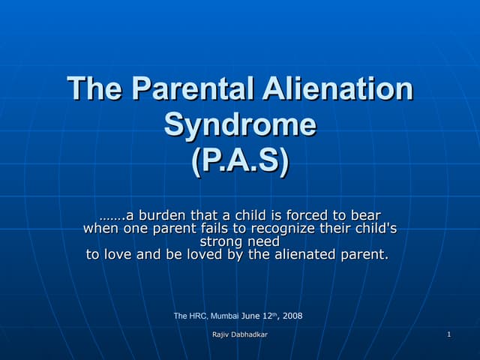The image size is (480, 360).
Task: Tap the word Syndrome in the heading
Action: click(240, 124)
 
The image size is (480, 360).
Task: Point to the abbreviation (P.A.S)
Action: click(240, 160)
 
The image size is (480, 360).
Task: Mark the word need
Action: click(264, 241)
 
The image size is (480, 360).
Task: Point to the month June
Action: click(253, 316)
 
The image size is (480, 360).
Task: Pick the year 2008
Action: click(292, 316)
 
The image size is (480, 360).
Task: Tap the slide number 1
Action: click(448, 334)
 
